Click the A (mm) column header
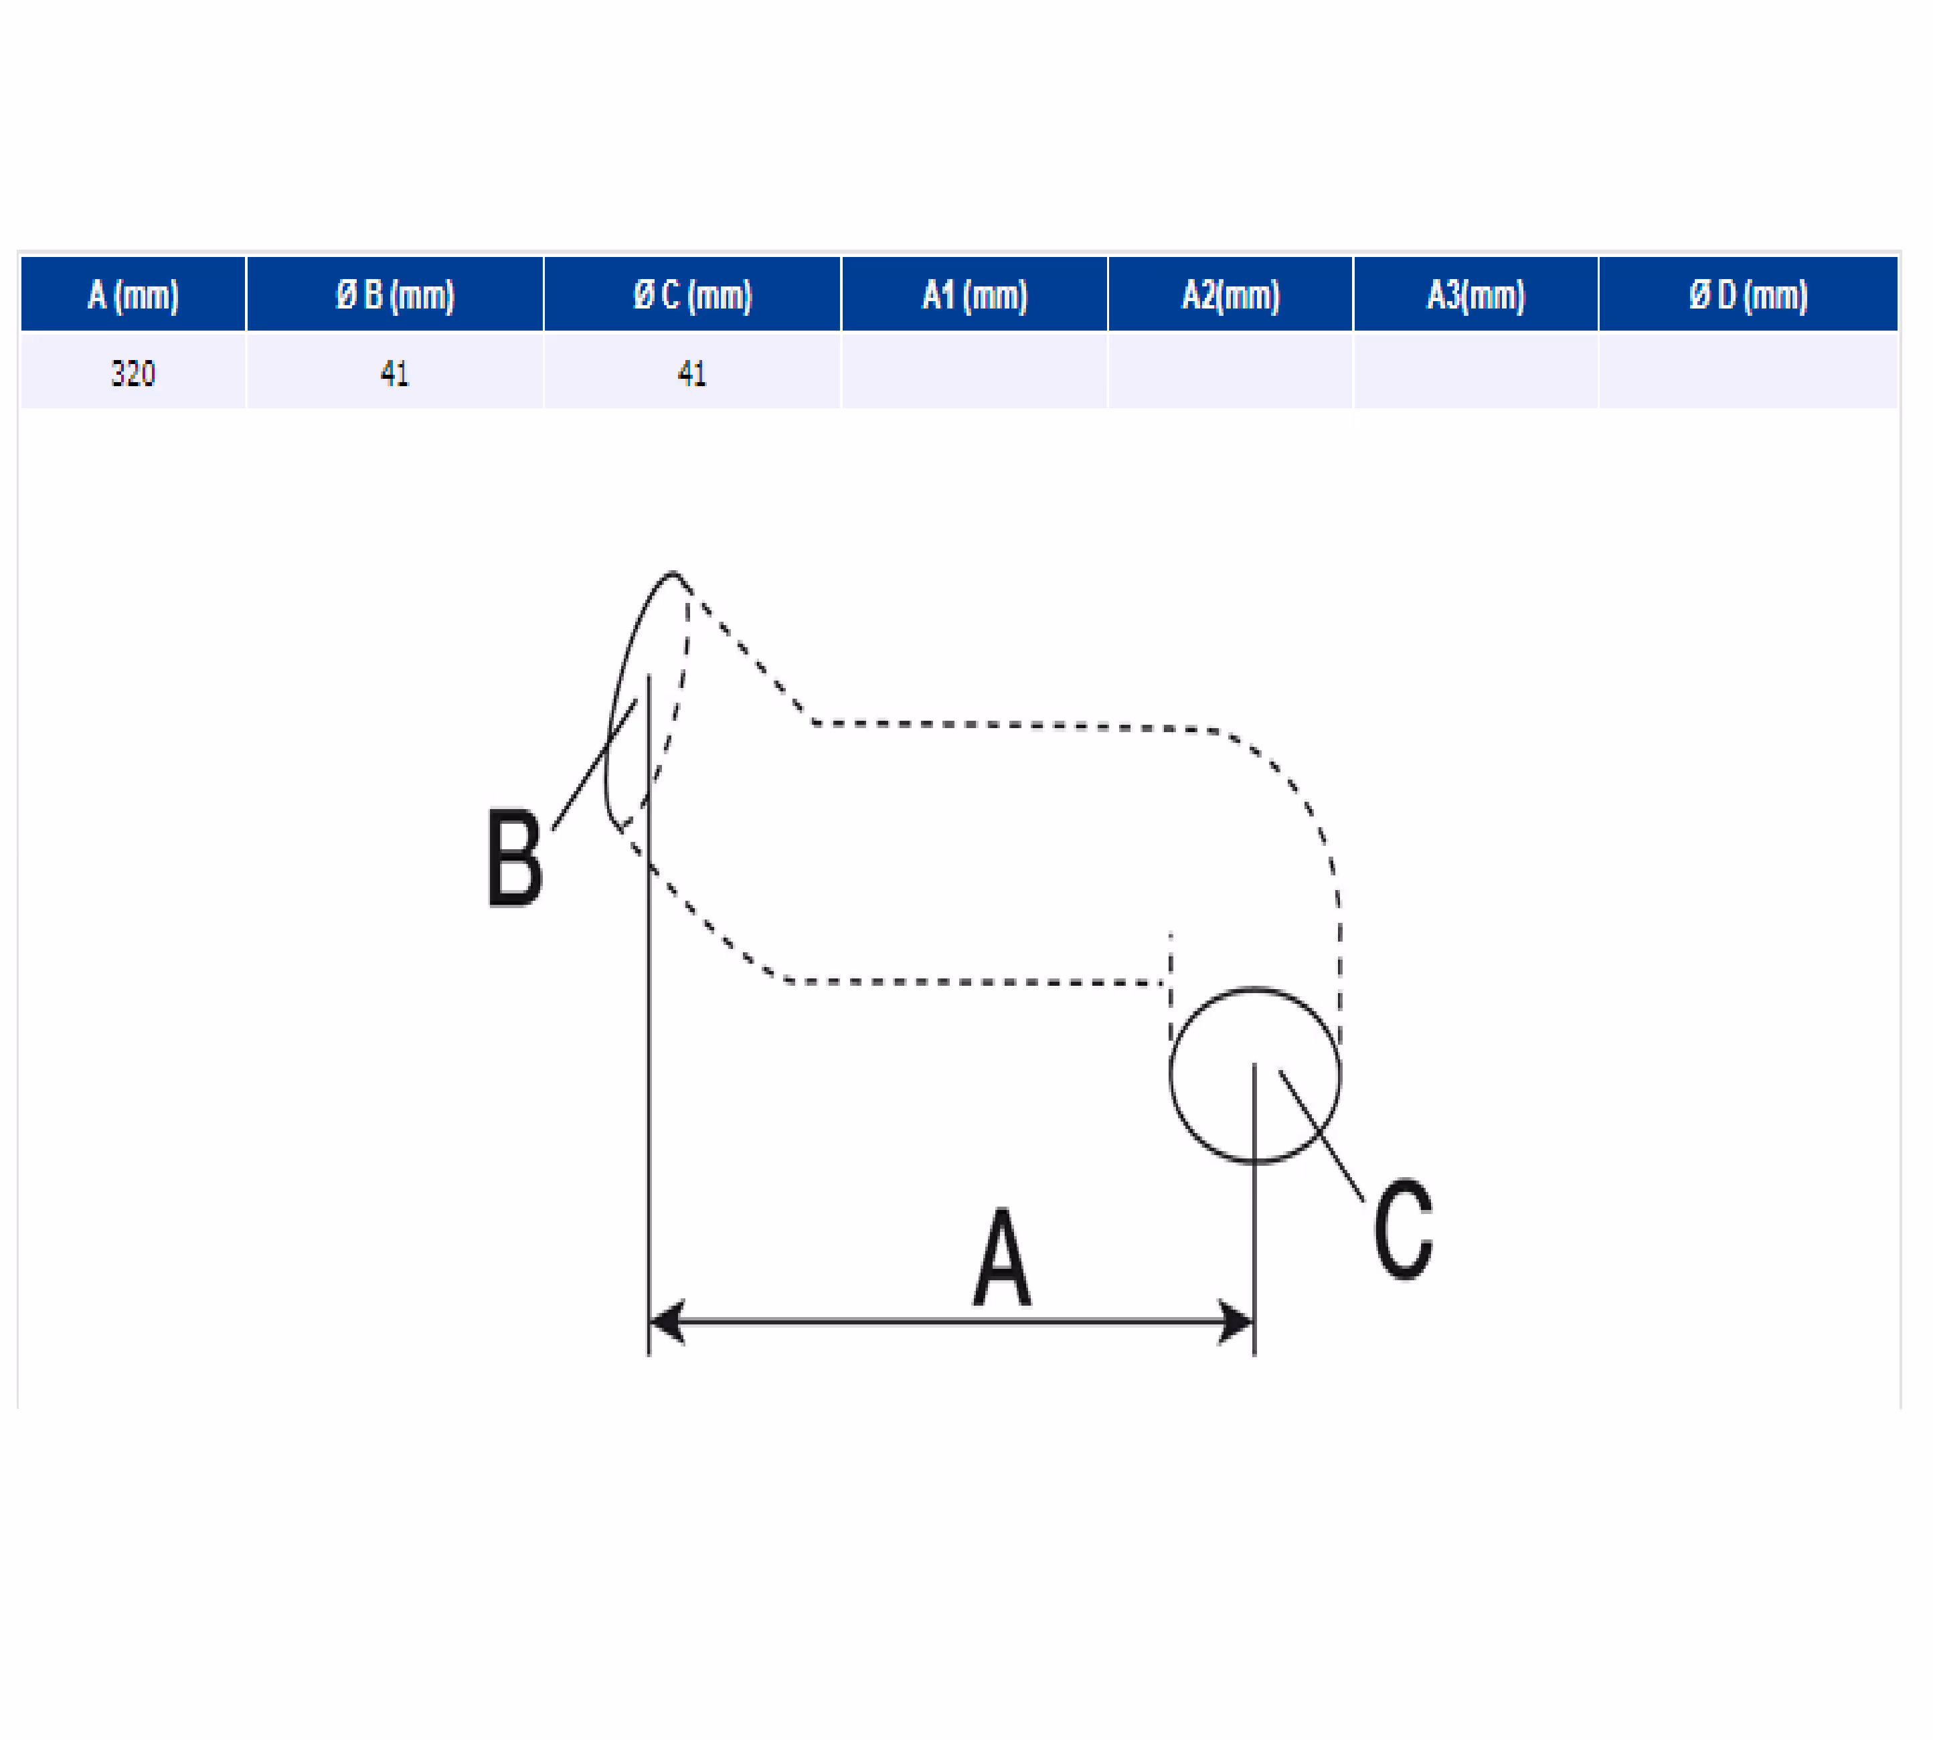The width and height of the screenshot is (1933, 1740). coord(133,294)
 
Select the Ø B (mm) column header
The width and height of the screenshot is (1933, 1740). coord(395,294)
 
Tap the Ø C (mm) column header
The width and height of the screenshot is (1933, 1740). coord(692,294)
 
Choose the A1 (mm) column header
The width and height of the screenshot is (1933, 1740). coord(974,294)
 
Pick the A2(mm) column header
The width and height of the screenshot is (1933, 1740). coord(1230,294)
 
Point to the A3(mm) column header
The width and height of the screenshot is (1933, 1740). coord(1476,294)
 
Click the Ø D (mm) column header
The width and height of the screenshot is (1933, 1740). coord(1748,294)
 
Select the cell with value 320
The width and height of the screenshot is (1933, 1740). coord(133,372)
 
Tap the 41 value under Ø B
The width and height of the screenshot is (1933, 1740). coord(395,372)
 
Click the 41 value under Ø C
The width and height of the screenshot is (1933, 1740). coord(692,372)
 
